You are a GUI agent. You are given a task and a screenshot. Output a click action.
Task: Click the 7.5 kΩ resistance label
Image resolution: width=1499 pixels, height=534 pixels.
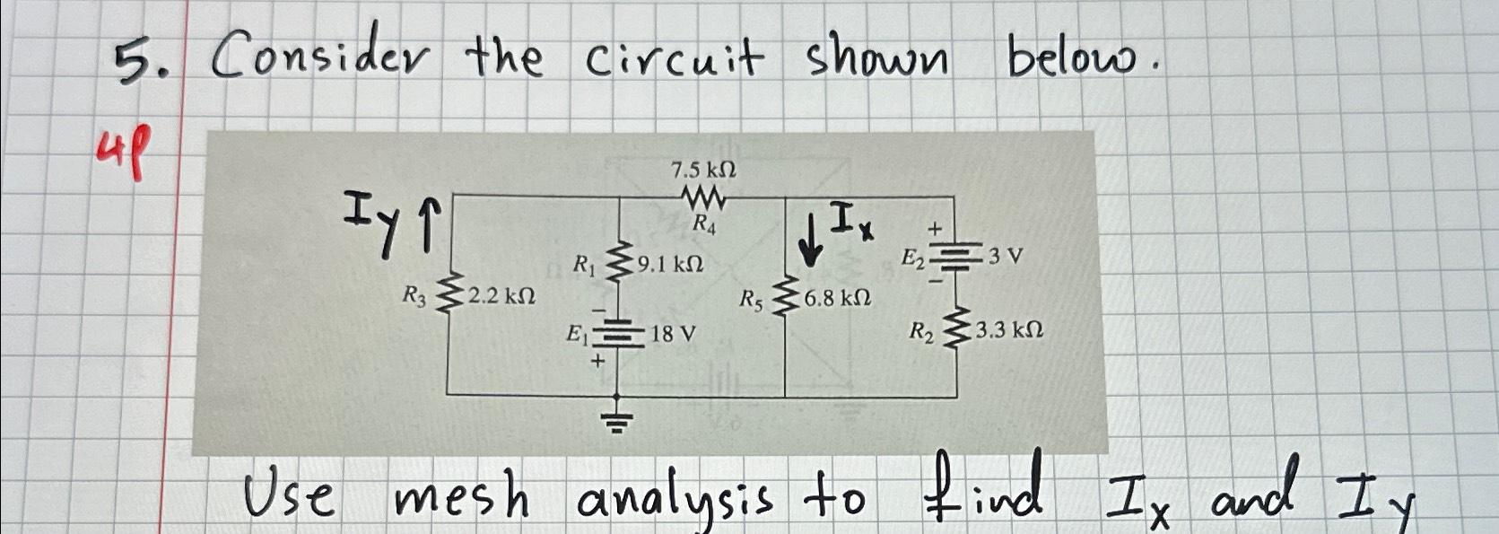[703, 170]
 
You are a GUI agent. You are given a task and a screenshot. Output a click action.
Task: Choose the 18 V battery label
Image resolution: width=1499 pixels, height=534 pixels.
[673, 335]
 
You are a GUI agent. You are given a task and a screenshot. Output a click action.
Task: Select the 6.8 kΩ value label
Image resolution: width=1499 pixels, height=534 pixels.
[837, 298]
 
